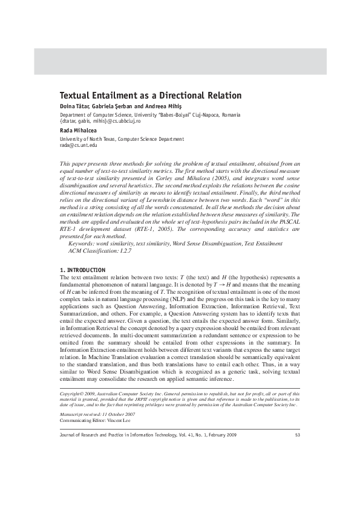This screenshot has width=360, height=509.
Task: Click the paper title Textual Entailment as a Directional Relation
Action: tap(150, 96)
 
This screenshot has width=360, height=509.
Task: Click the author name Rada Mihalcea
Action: tap(79, 131)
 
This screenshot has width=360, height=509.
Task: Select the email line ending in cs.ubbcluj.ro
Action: tap(100, 121)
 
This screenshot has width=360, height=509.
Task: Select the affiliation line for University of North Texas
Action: tap(121, 139)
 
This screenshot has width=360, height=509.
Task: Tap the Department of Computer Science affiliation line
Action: tap(149, 115)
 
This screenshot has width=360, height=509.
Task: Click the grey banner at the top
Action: tap(180, 60)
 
